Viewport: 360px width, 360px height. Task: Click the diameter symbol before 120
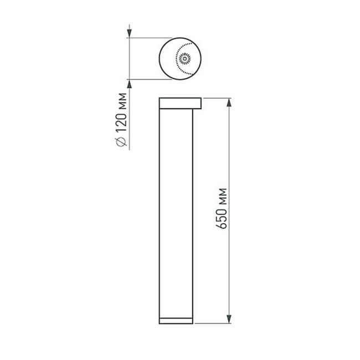(x=123, y=142)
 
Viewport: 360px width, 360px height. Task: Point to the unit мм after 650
(x=222, y=195)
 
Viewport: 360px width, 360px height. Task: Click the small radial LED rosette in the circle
(x=184, y=58)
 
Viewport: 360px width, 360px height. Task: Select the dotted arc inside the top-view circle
(x=177, y=58)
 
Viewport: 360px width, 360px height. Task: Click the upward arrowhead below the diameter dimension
(x=129, y=83)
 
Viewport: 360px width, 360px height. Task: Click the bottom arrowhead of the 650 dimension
(x=229, y=320)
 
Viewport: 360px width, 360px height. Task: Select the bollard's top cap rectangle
(x=180, y=103)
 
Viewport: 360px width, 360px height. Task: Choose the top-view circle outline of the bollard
(x=160, y=58)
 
